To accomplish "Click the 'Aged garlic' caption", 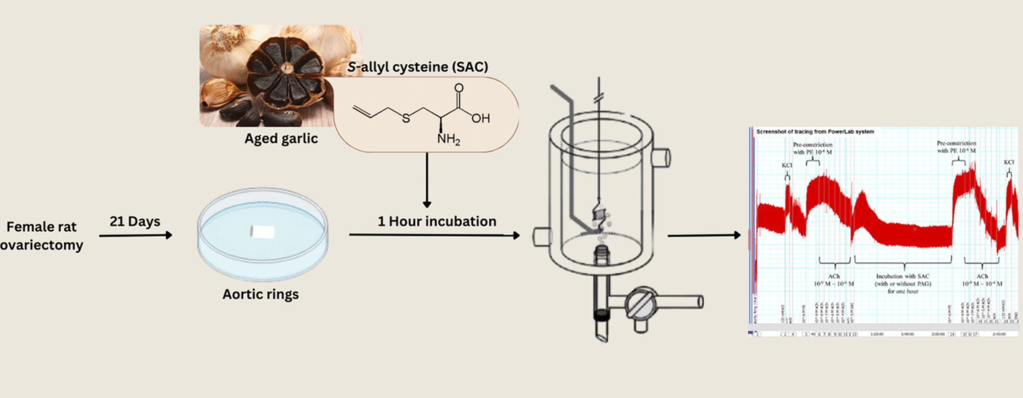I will click(281, 139).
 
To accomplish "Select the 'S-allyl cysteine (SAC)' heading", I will click(417, 67).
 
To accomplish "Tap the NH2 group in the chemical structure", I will click(448, 139).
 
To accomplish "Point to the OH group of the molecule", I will click(480, 119).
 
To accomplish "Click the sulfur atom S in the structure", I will click(406, 119).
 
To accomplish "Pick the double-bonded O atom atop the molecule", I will click(458, 88).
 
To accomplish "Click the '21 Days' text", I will click(135, 221).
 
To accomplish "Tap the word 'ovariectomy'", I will click(41, 245).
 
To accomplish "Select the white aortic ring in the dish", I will click(262, 232).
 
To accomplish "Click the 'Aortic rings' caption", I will click(260, 294).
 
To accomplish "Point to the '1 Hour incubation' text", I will click(437, 221).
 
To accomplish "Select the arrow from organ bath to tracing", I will click(704, 235).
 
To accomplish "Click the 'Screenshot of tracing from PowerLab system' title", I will click(815, 132).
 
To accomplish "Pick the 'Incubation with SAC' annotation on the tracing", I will click(902, 276).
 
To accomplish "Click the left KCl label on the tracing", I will click(787, 165).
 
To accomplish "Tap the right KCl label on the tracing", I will click(1008, 162).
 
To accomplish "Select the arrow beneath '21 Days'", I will click(136, 235).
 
